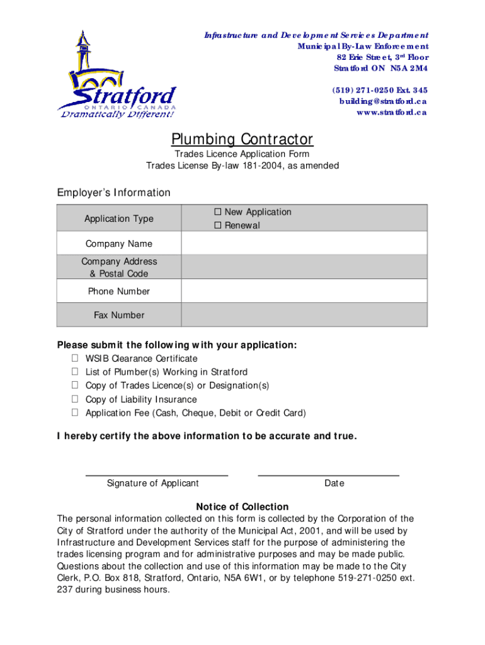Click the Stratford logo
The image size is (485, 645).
click(116, 75)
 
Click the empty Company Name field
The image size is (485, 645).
click(304, 244)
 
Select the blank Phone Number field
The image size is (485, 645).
click(304, 291)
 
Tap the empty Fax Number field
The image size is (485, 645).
click(304, 315)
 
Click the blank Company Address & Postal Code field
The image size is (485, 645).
click(304, 267)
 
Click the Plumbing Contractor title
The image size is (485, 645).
click(242, 139)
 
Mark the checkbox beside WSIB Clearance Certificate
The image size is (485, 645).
click(74, 358)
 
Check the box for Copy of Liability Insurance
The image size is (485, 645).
click(74, 399)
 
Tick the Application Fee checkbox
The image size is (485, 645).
click(74, 413)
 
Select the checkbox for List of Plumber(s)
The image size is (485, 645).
click(74, 372)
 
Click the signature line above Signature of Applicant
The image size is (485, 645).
click(156, 474)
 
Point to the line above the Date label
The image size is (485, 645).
click(328, 474)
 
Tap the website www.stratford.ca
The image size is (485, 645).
click(391, 113)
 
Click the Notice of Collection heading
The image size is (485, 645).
click(242, 506)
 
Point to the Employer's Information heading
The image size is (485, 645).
click(113, 193)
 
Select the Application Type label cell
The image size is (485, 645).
click(119, 219)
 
